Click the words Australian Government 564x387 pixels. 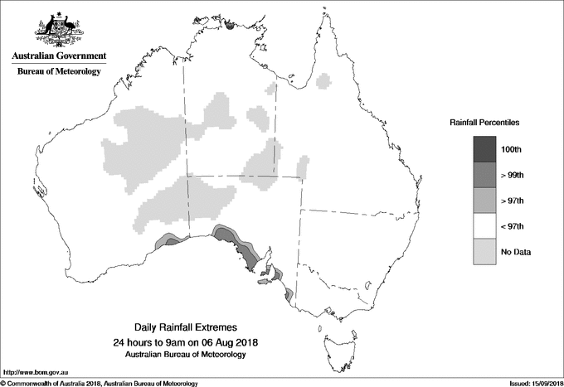(59, 56)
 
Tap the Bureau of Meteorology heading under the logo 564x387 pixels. (59, 72)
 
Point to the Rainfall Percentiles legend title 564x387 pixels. (484, 123)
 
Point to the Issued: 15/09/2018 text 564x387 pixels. (528, 384)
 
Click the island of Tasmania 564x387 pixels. (336, 339)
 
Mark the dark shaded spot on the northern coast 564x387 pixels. (230, 27)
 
